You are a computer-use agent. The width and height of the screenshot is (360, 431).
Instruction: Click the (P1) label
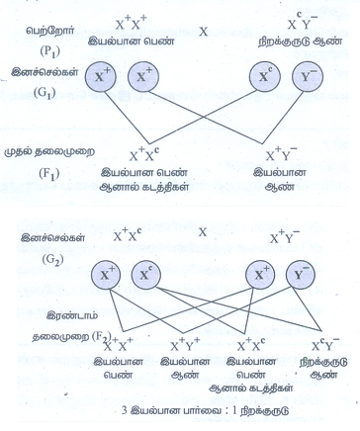tap(49, 51)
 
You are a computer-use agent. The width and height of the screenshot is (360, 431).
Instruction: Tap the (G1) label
tap(44, 93)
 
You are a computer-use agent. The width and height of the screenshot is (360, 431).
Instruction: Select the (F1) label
tap(49, 173)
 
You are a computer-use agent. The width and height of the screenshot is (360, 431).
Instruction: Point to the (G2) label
tap(52, 260)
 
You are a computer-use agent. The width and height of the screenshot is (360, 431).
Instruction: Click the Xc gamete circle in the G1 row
tap(265, 77)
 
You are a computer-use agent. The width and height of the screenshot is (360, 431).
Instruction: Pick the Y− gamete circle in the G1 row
tap(308, 77)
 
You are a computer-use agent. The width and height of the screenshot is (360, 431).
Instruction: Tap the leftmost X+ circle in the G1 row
tap(101, 77)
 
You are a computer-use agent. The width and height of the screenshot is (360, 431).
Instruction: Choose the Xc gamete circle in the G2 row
tap(145, 275)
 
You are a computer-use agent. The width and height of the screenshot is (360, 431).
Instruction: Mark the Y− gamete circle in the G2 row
tap(301, 275)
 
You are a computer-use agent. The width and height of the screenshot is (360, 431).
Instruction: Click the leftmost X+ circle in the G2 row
tap(106, 275)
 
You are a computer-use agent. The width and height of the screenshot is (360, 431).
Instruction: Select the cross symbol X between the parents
tap(204, 32)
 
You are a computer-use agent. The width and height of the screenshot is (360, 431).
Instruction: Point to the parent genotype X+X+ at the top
tap(132, 23)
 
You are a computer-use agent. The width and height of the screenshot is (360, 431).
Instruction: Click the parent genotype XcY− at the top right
tap(302, 23)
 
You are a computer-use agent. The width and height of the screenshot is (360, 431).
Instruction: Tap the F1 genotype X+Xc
tap(144, 154)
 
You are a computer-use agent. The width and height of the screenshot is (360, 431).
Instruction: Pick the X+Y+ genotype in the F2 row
tap(185, 344)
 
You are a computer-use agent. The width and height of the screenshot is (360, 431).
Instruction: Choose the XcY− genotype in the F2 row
tap(325, 344)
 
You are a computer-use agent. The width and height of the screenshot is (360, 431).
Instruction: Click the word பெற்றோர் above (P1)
tap(50, 32)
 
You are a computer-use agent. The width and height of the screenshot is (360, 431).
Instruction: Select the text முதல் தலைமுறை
tap(49, 152)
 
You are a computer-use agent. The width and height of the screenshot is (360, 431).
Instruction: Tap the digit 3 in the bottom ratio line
tap(125, 411)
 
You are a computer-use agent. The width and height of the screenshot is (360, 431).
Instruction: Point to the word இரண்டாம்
tap(72, 315)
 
